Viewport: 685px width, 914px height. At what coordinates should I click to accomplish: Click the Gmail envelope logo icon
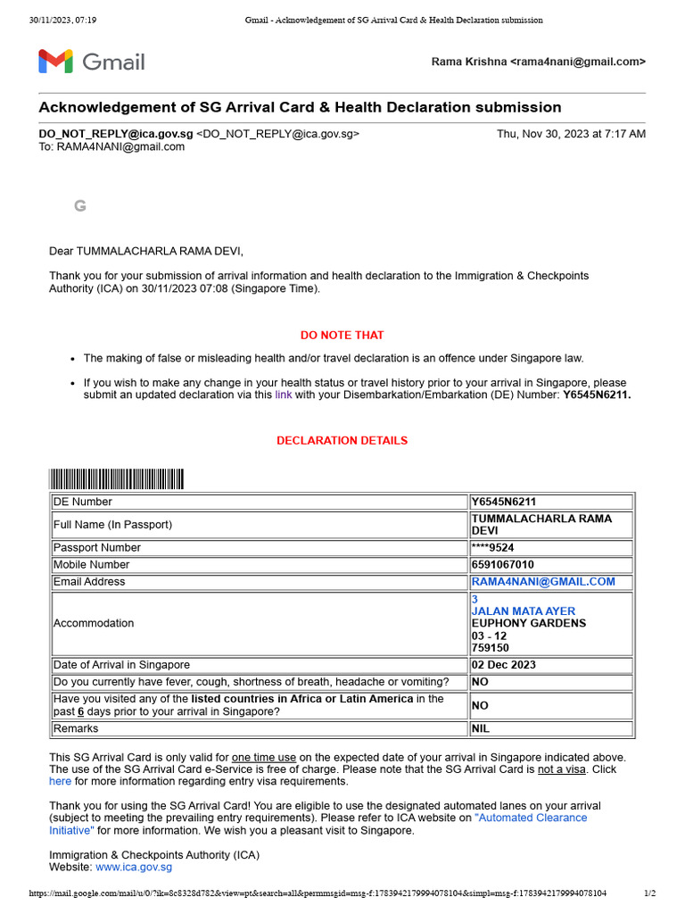coord(55,62)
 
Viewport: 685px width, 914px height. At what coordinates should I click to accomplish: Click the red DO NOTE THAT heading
coord(342,336)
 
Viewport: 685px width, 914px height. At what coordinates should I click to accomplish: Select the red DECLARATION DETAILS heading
coord(342,441)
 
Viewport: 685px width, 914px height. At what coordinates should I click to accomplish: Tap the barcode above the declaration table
coord(117,479)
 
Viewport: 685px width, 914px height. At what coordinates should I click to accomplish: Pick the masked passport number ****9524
coord(493,548)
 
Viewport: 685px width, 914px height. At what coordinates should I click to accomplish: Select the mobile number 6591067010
coord(503,565)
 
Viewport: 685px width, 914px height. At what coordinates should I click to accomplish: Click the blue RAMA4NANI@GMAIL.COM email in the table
coord(543,582)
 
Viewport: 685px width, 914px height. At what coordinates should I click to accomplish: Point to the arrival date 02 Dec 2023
coord(504,665)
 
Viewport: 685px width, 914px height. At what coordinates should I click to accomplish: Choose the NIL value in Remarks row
coord(482,729)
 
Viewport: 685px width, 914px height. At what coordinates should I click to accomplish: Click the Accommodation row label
coord(94,624)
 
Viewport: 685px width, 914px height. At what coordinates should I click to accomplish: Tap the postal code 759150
coord(490,649)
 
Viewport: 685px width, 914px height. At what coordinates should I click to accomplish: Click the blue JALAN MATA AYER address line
coord(524,611)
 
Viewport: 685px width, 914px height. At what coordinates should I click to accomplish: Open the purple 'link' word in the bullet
coord(284,395)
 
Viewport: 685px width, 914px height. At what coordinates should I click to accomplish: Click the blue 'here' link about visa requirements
coord(60,781)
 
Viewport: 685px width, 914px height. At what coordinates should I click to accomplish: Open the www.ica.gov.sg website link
coord(134,867)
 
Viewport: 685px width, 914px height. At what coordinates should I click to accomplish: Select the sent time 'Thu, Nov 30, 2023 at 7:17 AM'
coord(571,134)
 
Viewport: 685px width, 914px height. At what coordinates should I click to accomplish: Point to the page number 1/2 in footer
coord(649,893)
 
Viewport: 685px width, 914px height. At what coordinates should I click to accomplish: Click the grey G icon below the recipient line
coord(80,206)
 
